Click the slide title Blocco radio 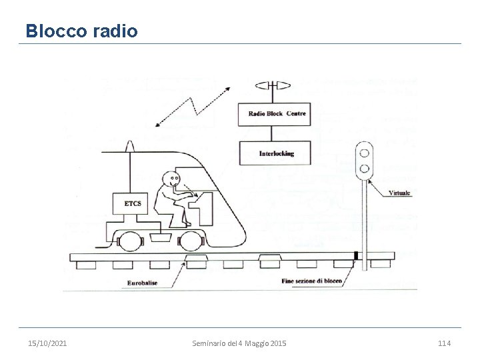click(x=81, y=31)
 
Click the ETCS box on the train click(x=133, y=203)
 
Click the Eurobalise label click(x=143, y=283)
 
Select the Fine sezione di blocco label click(x=311, y=281)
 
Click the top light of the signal click(x=365, y=152)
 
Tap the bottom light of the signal click(x=365, y=167)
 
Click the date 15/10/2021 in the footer click(x=47, y=343)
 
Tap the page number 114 click(x=444, y=343)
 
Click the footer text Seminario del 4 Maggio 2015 click(x=239, y=343)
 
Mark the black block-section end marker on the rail click(x=357, y=255)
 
